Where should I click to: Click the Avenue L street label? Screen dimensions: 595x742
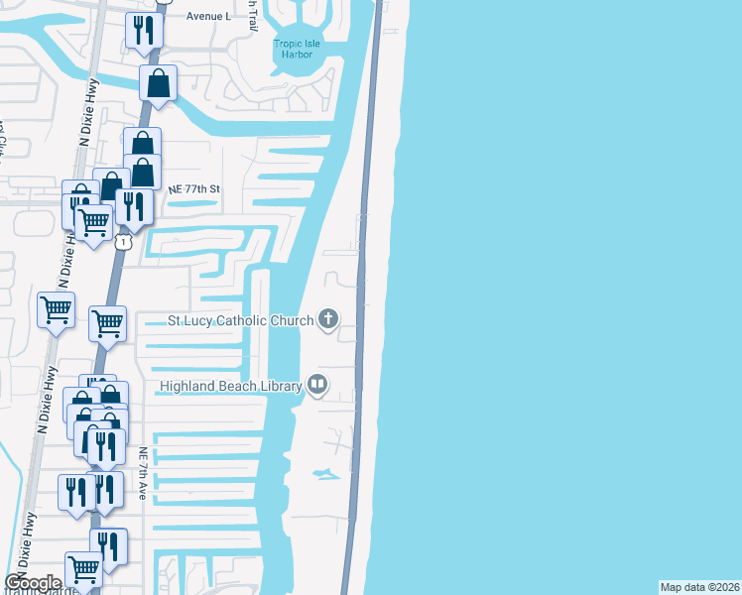point(209,17)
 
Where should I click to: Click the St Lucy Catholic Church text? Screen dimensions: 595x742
point(241,320)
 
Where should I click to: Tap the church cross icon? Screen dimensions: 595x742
point(328,319)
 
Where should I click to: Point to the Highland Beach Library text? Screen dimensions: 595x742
point(231,386)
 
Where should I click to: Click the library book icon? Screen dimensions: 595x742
point(317,384)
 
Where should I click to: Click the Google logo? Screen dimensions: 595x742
point(33,583)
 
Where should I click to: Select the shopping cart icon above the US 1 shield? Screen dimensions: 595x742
point(93,221)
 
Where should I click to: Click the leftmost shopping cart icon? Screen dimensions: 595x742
point(56,309)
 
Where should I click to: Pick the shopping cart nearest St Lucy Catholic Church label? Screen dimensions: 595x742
point(107,321)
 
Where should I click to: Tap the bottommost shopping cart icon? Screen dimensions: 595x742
point(83,568)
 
